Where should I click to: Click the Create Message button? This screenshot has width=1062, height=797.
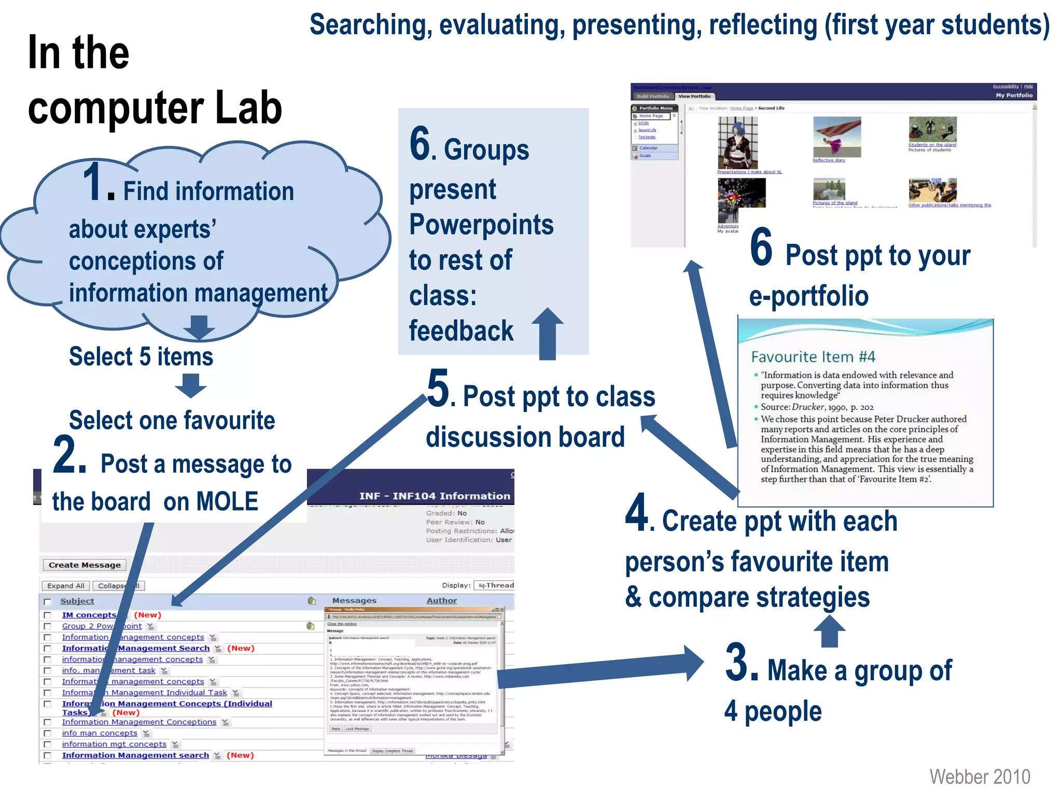coord(85,565)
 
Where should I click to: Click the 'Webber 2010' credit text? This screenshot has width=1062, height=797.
coord(979,777)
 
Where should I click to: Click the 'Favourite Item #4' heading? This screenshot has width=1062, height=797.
coord(813,357)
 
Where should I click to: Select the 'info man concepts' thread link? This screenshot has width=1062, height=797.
coord(100,733)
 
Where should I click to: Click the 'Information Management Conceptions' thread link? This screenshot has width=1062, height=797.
coord(139,722)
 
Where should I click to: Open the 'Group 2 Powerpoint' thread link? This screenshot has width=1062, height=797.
coord(102,626)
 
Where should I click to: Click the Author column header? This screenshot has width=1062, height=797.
coord(441,600)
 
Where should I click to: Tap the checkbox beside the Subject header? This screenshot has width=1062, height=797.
coord(48,601)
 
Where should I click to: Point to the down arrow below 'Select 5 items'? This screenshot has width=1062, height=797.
coord(191,385)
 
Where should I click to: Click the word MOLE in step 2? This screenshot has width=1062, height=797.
coord(227,502)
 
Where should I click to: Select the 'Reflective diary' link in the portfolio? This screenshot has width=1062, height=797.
coord(828,160)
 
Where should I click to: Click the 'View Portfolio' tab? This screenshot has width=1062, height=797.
coord(694,96)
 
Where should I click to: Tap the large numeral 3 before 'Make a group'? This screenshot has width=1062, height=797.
coord(741,663)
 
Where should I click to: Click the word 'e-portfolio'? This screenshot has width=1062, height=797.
coord(808,296)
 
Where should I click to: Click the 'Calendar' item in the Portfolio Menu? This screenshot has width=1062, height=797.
coord(648,148)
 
